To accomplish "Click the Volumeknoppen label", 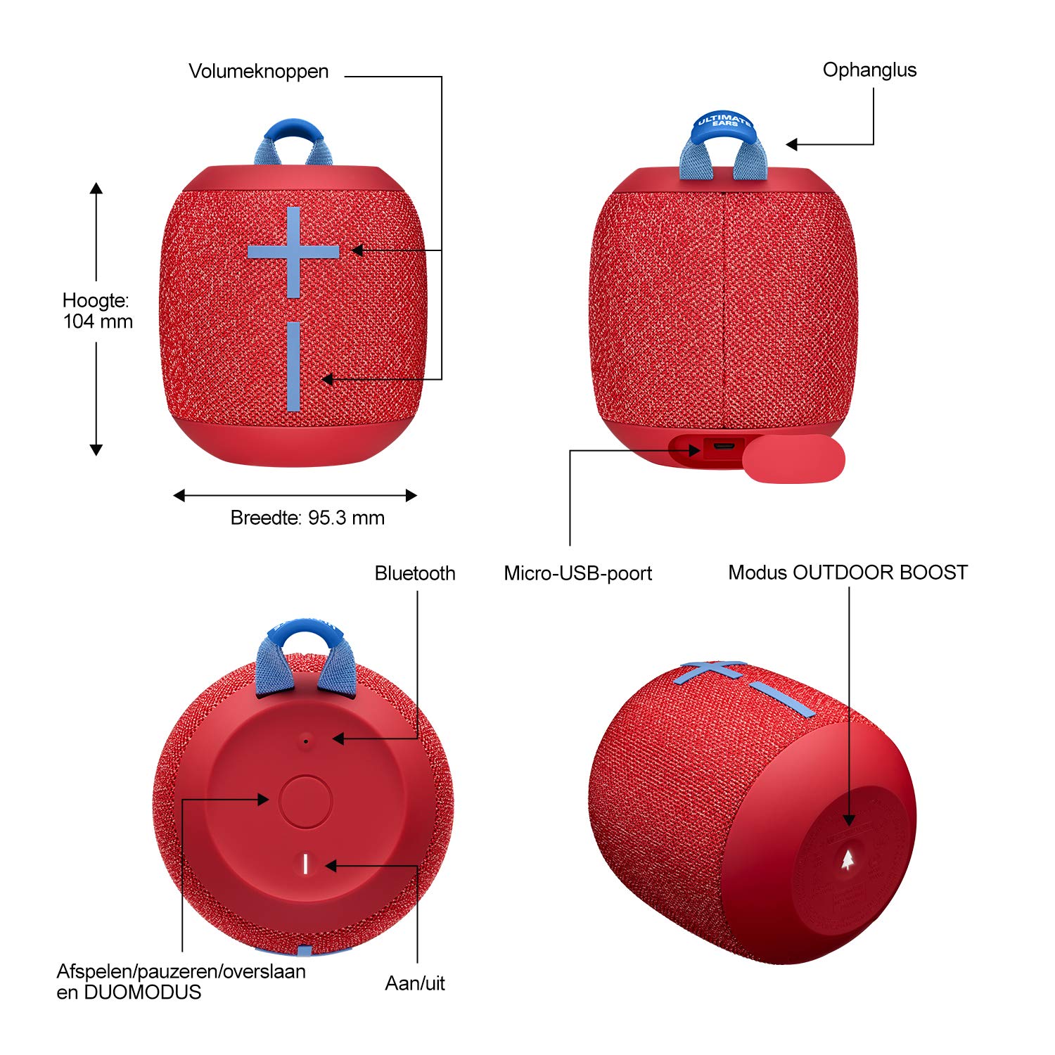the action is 258,72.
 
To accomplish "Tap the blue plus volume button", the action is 293,252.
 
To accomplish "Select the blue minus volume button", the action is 293,366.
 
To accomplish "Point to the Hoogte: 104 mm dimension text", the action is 98,311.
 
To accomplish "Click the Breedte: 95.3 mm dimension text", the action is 307,518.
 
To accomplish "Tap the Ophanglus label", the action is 869,70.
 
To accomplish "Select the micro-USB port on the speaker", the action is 723,447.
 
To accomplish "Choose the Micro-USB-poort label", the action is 577,573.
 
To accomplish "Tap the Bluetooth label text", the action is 415,573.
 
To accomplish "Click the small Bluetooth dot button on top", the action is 305,741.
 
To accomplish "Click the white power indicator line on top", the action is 305,864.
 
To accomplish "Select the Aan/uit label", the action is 415,983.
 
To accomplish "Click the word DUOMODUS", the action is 142,992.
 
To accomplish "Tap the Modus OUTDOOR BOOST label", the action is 848,573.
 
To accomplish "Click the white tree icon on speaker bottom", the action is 849,859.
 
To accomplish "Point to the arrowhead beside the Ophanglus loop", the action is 791,144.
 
